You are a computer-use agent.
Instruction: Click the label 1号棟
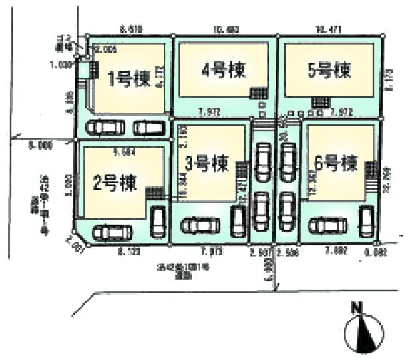128,79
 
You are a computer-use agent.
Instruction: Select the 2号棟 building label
115,182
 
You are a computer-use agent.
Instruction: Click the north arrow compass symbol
363,328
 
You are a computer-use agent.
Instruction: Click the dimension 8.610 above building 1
131,29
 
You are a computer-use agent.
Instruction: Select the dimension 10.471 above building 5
328,29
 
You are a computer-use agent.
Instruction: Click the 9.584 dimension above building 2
124,152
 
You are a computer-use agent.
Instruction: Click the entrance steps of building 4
258,93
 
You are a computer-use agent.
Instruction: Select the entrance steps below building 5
319,101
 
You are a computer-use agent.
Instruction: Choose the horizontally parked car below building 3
200,226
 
